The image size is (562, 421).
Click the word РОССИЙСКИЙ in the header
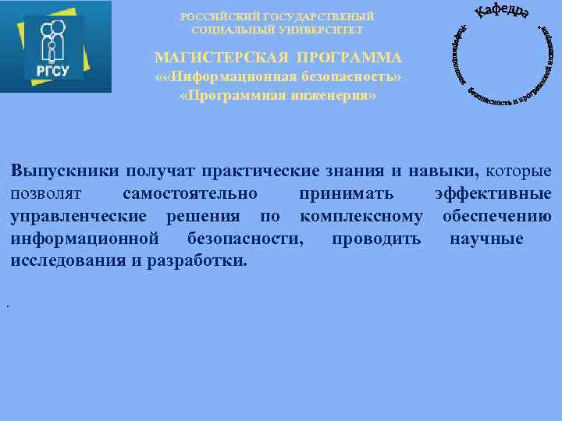pos(212,16)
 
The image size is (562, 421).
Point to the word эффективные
pos(493,193)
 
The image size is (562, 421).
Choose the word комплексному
pos(361,216)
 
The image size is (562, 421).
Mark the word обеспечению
pos(497,216)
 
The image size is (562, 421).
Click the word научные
pos(486,238)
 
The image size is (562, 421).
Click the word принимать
pos(346,193)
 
